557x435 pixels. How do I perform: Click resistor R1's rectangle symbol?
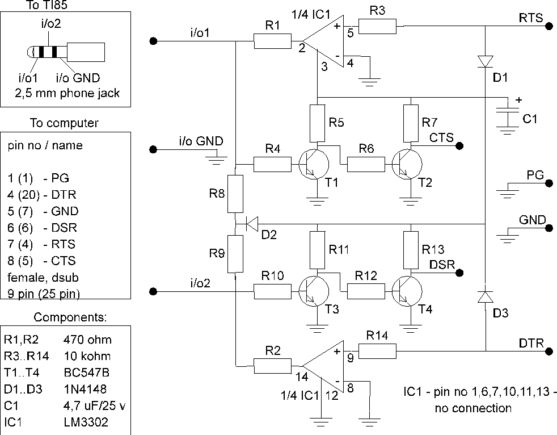(272, 41)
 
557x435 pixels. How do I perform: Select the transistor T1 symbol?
(314, 164)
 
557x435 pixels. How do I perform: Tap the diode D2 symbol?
(252, 224)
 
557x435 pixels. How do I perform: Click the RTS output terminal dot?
(549, 26)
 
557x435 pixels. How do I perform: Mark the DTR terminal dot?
(549, 352)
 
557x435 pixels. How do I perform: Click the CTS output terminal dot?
(459, 146)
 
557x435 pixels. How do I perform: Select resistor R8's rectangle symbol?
(235, 194)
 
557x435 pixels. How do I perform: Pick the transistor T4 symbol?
(407, 291)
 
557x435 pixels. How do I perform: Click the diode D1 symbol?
(485, 61)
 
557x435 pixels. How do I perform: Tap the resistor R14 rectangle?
(377, 351)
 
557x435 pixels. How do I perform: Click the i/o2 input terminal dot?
(153, 292)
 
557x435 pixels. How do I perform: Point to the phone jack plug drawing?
(66, 52)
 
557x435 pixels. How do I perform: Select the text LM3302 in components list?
(86, 422)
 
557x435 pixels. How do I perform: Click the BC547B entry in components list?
(87, 373)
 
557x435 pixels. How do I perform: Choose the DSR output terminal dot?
(459, 273)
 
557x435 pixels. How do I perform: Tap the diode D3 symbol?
(485, 296)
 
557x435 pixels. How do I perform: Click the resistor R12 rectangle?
(366, 291)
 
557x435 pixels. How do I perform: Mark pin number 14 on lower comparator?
(302, 377)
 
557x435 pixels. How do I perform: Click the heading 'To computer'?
(64, 123)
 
